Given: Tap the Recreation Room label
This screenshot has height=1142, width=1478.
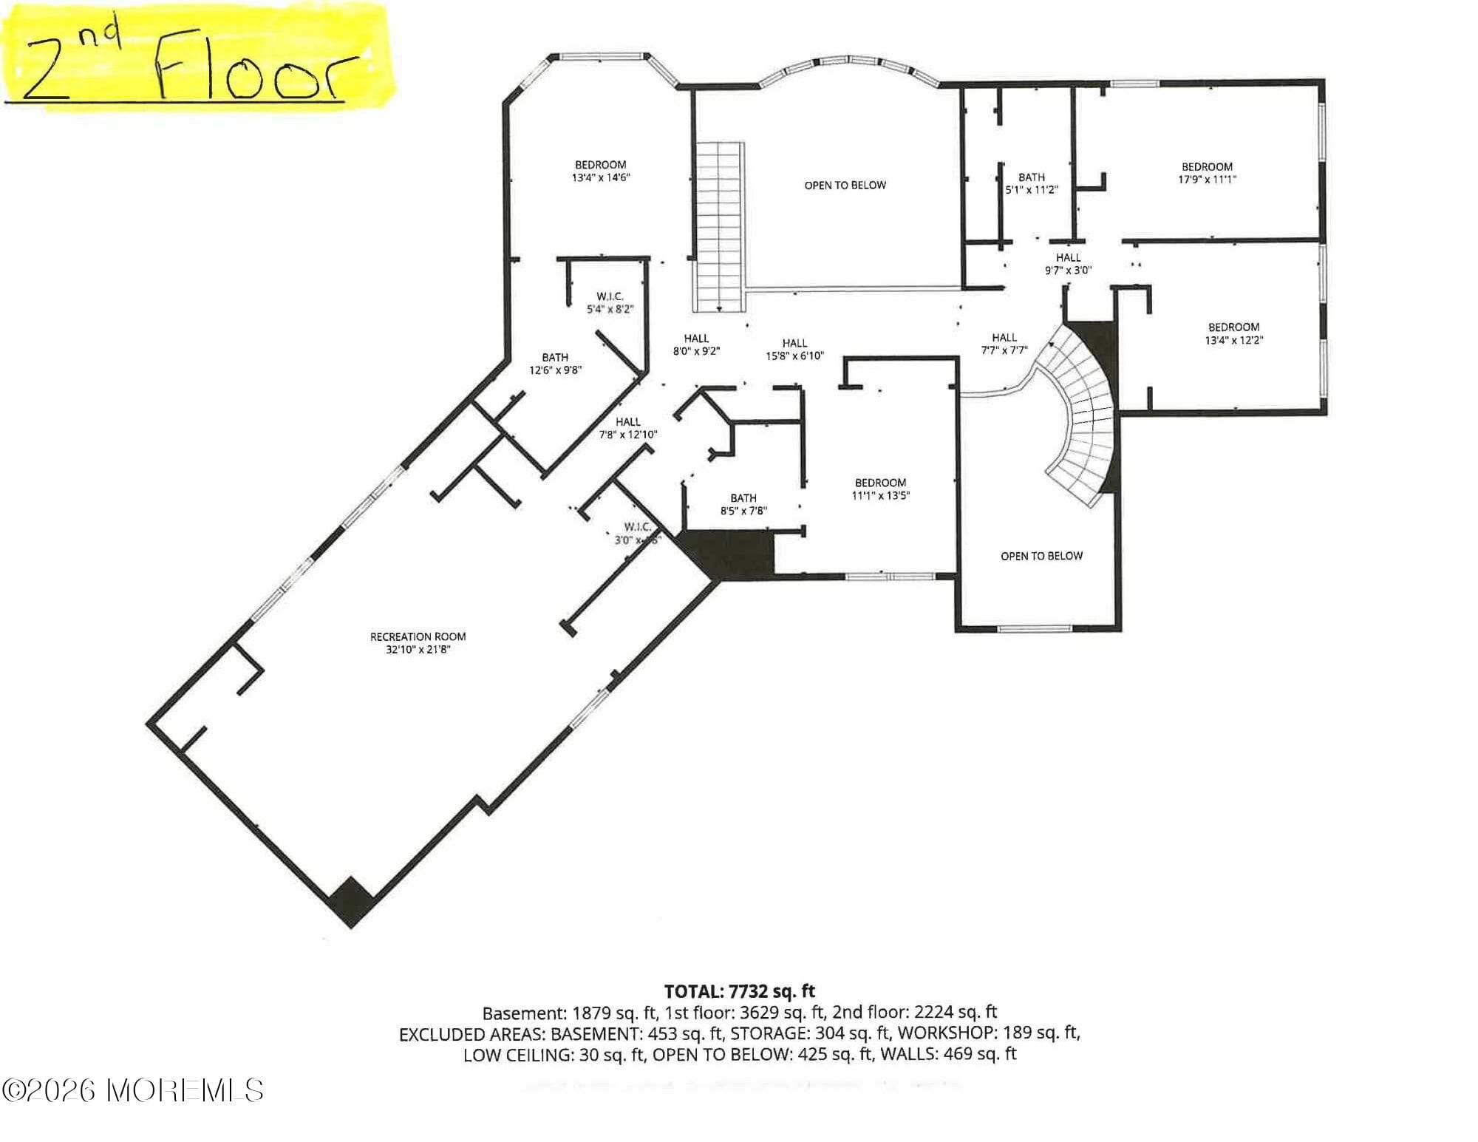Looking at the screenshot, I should (x=418, y=636).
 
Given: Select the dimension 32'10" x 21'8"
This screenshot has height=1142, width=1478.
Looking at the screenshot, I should (x=418, y=650).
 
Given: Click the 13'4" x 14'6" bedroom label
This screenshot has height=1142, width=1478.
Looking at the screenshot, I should (x=600, y=171).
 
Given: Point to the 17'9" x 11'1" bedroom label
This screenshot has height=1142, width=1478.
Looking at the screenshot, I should (x=1207, y=173).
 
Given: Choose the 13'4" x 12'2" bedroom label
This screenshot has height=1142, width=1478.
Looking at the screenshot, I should (x=1233, y=333).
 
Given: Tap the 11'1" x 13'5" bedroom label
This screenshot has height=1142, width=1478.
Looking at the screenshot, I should (x=880, y=489).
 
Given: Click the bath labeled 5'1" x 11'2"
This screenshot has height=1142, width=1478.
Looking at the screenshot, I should (x=1031, y=183).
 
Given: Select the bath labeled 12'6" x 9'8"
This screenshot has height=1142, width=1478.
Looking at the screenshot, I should (x=555, y=364).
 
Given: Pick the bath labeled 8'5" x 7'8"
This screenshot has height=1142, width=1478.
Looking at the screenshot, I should (x=743, y=504).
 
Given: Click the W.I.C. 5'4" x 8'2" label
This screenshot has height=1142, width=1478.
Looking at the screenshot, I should (x=610, y=302).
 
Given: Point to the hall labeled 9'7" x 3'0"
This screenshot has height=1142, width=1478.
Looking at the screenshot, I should (x=1068, y=264).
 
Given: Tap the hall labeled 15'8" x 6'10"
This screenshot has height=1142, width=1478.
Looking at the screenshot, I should (x=794, y=349).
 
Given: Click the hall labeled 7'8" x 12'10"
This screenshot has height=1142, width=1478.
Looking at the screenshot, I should (x=627, y=428).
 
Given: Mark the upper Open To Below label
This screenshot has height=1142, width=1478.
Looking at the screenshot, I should (x=845, y=186).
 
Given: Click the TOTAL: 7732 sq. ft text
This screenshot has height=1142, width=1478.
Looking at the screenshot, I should (x=739, y=991).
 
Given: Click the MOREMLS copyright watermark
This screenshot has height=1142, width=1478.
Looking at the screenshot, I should (x=133, y=1090).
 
